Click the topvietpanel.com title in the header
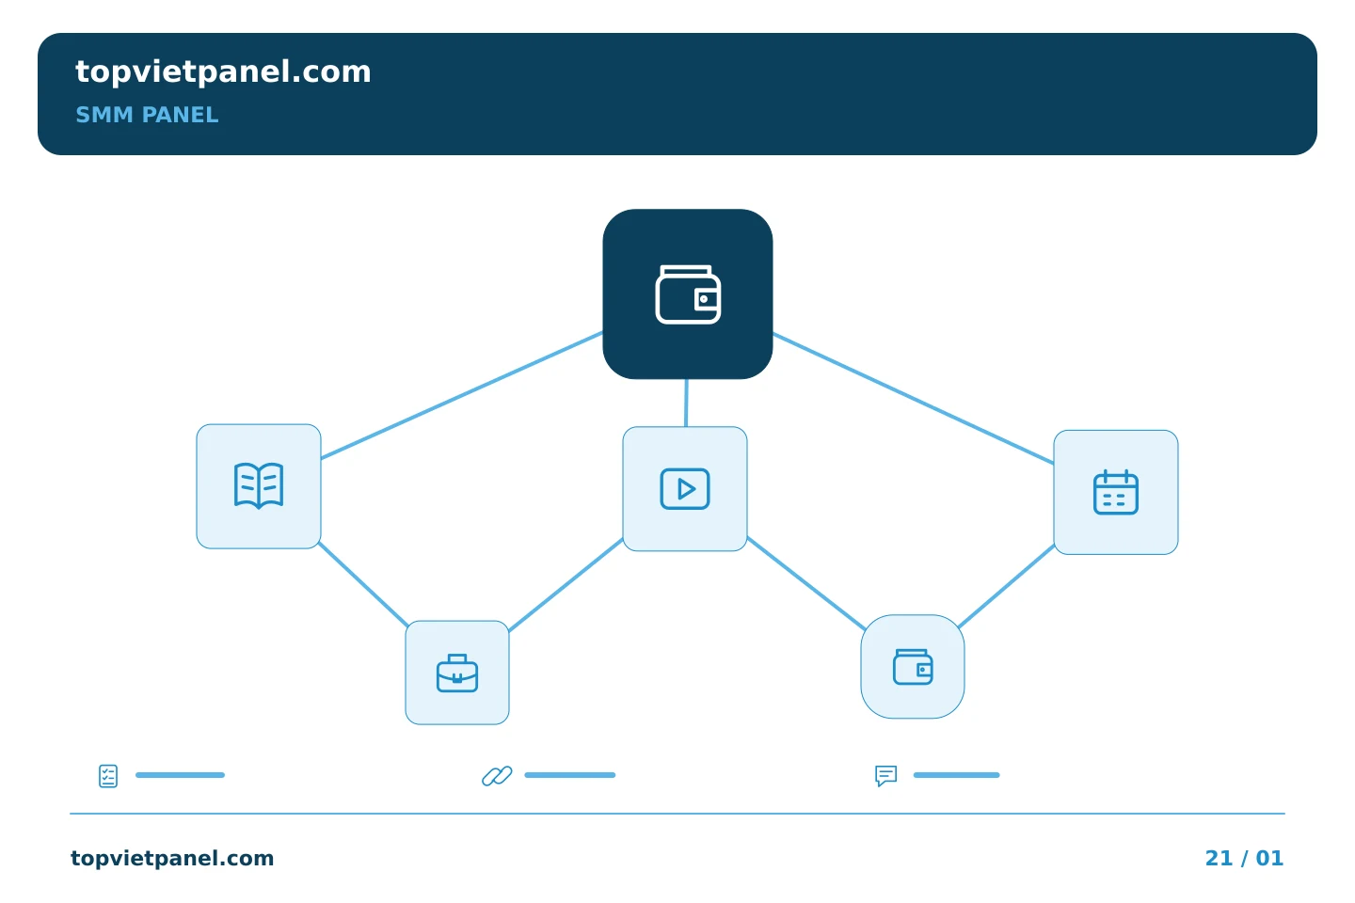[223, 72]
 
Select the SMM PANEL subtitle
[147, 115]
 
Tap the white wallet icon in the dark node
[688, 294]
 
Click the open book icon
[258, 485]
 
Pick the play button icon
[685, 489]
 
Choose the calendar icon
[1115, 492]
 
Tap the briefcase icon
[457, 673]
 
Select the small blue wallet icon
[913, 667]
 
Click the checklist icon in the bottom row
[108, 776]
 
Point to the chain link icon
[497, 776]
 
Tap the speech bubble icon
[886, 775]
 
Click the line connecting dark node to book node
[461, 395]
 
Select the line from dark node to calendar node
[914, 399]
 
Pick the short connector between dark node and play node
[686, 403]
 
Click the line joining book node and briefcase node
[363, 584]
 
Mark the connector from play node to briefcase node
[566, 585]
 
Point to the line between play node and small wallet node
[806, 583]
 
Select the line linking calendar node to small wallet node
[1007, 586]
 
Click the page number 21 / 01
[1244, 858]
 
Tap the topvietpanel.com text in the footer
[172, 859]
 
